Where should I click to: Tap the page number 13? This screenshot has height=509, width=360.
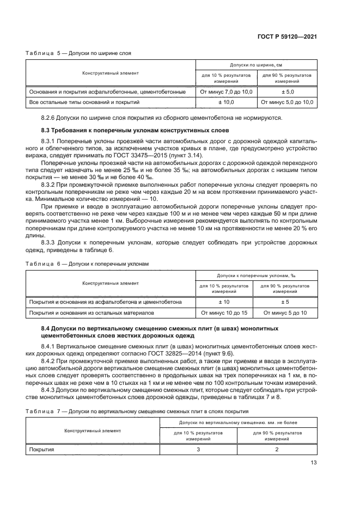pos(314,464)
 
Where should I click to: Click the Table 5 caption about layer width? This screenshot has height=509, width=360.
pos(78,53)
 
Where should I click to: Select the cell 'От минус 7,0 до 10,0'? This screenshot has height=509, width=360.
pos(226,92)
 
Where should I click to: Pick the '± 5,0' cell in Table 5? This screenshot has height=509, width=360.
pos(286,92)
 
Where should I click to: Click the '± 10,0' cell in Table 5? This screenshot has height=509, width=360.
pos(226,102)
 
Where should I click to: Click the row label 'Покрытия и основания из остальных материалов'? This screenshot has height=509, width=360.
pos(91,313)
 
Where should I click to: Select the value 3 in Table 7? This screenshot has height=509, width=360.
pos(198,449)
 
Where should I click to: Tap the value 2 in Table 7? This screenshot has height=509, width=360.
pos(277,449)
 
